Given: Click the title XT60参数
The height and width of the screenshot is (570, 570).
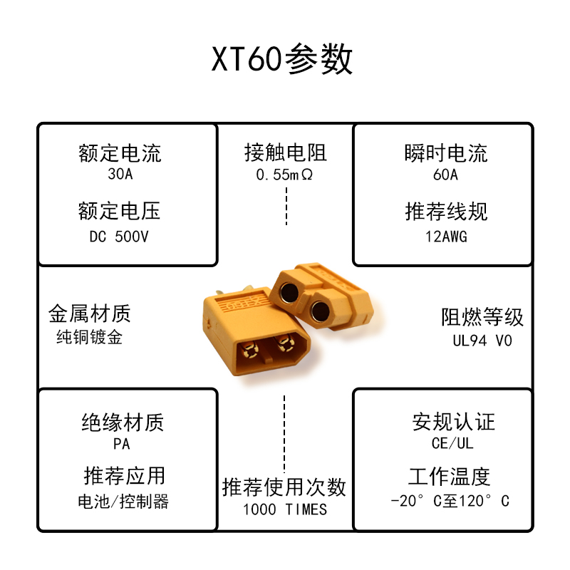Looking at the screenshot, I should click(x=282, y=60).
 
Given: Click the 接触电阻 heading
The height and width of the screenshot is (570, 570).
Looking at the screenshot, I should click(x=285, y=152).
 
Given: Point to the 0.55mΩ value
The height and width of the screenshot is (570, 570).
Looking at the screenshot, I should click(x=285, y=174).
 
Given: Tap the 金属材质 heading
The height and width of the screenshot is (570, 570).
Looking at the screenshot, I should click(x=89, y=313).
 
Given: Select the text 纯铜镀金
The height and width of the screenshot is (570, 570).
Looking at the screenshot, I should click(x=89, y=336).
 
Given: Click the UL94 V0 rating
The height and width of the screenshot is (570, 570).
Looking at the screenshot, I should click(x=482, y=341).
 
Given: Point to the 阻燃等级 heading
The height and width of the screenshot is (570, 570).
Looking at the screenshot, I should click(x=482, y=317).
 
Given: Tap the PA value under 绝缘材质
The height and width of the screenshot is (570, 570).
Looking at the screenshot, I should click(x=122, y=444).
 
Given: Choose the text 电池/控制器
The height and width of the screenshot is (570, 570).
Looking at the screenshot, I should click(x=123, y=501).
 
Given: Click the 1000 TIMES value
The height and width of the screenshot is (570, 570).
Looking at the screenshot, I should click(x=285, y=509).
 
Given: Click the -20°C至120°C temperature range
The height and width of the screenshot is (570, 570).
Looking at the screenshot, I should click(x=450, y=501).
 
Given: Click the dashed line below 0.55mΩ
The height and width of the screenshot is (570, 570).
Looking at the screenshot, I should click(x=286, y=207).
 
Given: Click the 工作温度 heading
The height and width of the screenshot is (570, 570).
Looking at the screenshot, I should click(x=450, y=476).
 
